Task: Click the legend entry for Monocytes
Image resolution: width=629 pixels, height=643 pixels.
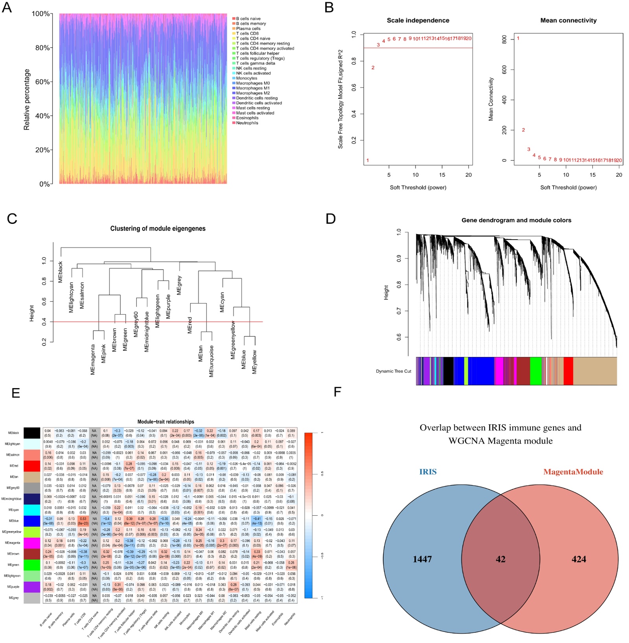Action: [246, 78]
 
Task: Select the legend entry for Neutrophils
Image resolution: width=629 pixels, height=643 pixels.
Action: [247, 123]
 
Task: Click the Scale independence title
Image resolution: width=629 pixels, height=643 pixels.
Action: [418, 20]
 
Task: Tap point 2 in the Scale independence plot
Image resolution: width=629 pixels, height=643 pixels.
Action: [373, 68]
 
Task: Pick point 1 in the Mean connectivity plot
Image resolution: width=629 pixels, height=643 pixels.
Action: [518, 38]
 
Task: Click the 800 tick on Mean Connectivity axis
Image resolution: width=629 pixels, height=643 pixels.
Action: [504, 39]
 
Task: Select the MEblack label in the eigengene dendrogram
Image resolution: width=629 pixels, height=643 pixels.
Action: [61, 271]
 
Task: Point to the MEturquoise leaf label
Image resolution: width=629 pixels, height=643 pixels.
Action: [212, 361]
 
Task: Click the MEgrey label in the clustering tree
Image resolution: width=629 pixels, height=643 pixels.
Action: [179, 285]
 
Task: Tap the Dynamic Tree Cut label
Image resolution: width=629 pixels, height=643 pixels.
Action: [394, 371]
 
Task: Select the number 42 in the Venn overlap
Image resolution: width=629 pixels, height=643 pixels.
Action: [500, 559]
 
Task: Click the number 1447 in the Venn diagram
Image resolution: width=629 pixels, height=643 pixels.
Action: [422, 559]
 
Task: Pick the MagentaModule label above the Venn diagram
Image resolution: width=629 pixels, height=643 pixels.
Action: [573, 472]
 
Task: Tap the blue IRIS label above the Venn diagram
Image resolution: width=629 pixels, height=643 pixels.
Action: [428, 472]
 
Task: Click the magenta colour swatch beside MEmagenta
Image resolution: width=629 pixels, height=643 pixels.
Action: [32, 543]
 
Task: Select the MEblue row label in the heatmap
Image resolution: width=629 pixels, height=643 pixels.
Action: [14, 521]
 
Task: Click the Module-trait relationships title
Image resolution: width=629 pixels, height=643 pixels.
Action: [166, 421]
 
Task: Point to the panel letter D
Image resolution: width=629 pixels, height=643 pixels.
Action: [331, 219]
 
